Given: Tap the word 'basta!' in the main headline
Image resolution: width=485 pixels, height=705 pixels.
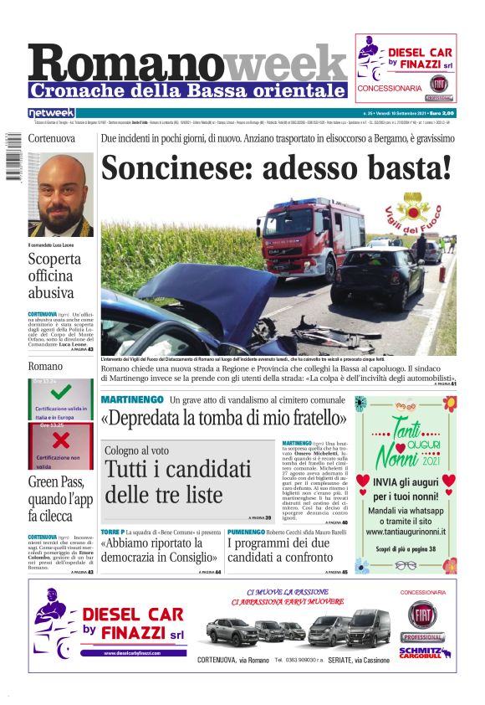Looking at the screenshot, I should coord(398,168).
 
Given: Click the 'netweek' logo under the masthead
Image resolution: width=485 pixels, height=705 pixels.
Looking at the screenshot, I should coord(51,113).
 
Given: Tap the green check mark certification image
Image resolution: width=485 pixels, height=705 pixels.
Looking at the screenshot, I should coord(61,399).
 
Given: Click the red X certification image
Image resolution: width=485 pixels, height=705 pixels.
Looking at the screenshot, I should coord(61,444).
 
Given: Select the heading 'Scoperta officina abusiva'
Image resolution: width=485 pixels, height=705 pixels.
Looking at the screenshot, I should coord(54,275).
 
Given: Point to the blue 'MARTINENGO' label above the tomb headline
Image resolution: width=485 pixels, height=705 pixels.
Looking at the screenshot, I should coord(131,401).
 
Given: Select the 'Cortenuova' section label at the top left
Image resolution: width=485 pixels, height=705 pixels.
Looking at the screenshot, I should coord(52,137).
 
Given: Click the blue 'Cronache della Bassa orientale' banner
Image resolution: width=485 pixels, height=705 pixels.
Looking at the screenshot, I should coord(187,90).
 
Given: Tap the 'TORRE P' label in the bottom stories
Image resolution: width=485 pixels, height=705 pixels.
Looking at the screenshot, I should coord(112,532).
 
